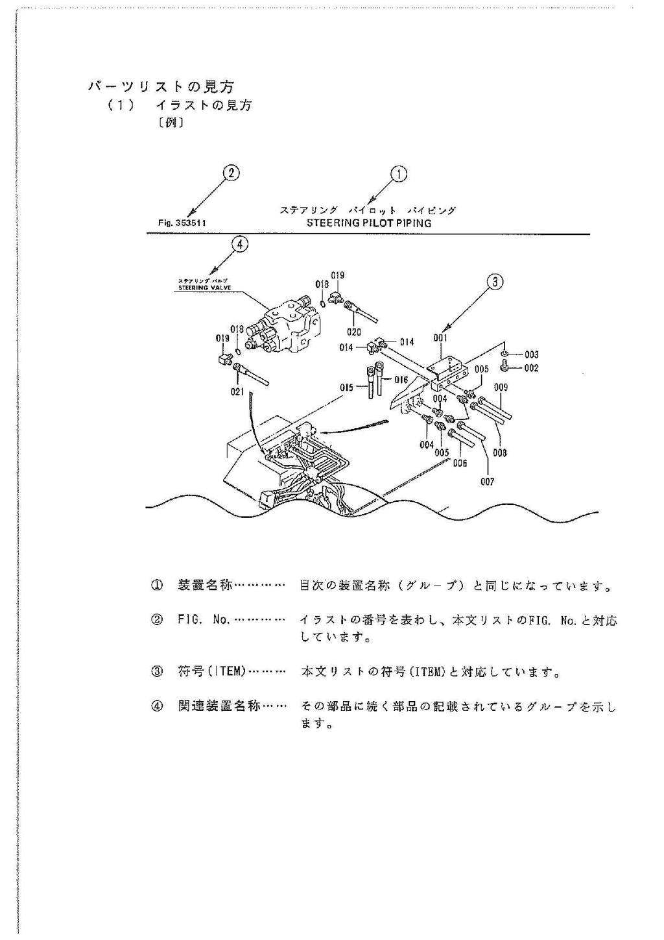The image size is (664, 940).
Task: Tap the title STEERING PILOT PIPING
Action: click(368, 223)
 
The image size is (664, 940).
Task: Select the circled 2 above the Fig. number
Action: click(231, 173)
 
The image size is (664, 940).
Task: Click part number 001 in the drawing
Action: click(440, 338)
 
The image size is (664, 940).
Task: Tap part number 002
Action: click(531, 368)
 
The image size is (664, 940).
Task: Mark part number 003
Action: click(531, 354)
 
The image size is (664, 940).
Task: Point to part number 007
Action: click(487, 481)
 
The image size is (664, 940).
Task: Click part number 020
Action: click(354, 332)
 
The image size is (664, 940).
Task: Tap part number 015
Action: click(346, 388)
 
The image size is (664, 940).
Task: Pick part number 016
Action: click(401, 380)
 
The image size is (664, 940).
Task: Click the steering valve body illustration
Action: click(290, 325)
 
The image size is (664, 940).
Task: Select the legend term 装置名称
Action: click(205, 586)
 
